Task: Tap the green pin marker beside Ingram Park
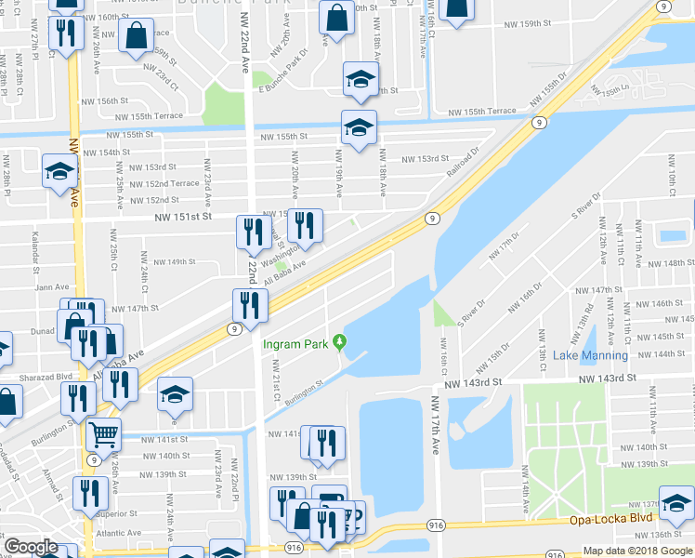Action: coord(340,343)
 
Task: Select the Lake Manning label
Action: coord(590,355)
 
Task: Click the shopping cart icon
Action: coord(103,433)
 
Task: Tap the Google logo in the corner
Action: coord(30,547)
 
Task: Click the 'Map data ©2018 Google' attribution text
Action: coord(636,551)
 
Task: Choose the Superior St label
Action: coord(115,513)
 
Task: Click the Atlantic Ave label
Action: coord(118,533)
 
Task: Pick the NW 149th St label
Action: coord(175,262)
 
